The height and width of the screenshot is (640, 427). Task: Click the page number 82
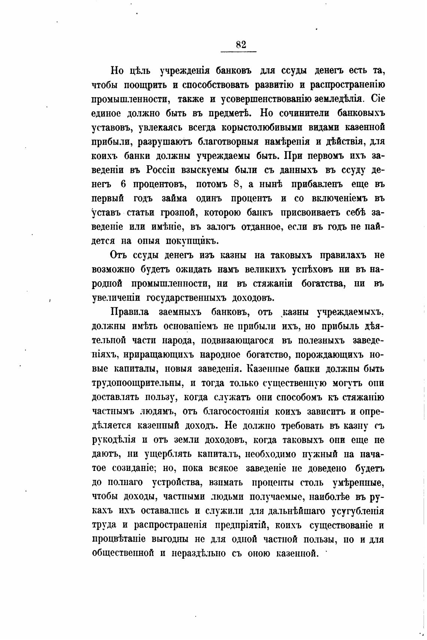point(241,45)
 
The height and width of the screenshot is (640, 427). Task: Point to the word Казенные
point(269,369)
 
